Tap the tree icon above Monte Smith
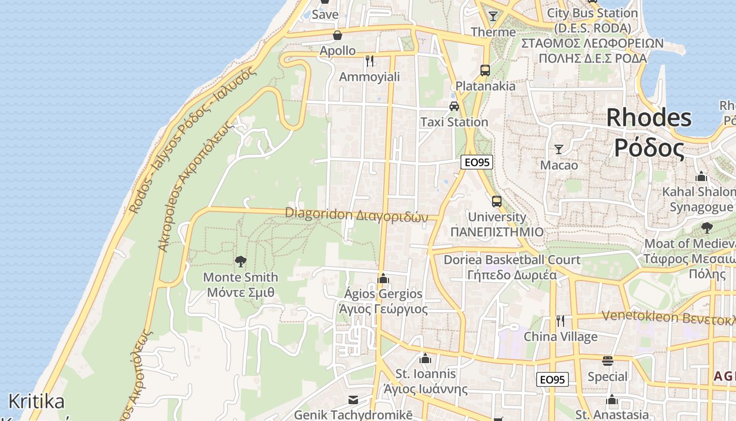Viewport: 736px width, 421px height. coord(241,261)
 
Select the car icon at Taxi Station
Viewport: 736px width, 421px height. coord(454,106)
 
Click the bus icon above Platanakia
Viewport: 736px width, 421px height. coord(485,70)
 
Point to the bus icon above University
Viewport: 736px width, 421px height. coord(496,201)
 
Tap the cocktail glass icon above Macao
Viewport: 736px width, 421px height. coord(559,149)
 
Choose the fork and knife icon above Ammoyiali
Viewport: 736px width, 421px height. coord(369,61)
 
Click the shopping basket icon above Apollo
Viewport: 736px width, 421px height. coord(337,35)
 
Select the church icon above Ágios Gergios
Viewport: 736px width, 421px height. coord(383,278)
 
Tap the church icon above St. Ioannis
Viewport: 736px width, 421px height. coord(425,359)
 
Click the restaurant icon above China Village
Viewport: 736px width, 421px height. coord(560,320)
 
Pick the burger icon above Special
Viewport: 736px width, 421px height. coord(608,361)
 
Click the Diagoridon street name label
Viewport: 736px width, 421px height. coord(356,215)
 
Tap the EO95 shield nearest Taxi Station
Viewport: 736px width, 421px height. coord(476,162)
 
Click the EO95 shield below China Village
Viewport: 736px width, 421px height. coord(553,379)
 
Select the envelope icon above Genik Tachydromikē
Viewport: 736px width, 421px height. coord(353,400)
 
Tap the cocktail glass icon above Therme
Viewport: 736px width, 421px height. coord(493,16)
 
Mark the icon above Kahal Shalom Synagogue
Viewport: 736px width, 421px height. coord(701,176)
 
